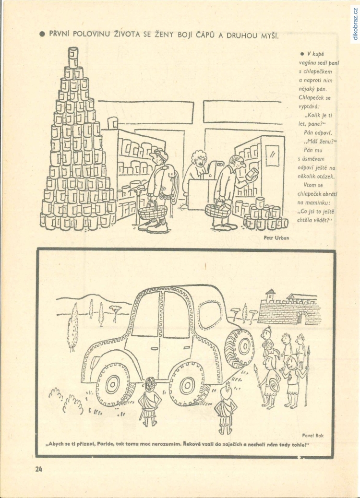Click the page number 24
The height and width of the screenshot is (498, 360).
pos(39,469)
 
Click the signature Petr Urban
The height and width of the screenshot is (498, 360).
pos(276,237)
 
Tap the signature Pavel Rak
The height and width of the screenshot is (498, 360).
pos(312,436)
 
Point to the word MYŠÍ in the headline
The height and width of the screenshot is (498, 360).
pos(270,36)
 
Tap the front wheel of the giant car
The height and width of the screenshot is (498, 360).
pos(113,384)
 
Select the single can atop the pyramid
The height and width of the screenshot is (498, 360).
pos(73,57)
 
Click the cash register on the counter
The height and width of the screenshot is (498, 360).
pos(213,170)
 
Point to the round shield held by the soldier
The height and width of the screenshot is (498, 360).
pos(275,385)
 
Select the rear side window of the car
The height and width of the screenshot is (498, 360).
pos(210,315)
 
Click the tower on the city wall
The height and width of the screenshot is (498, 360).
pos(270,296)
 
